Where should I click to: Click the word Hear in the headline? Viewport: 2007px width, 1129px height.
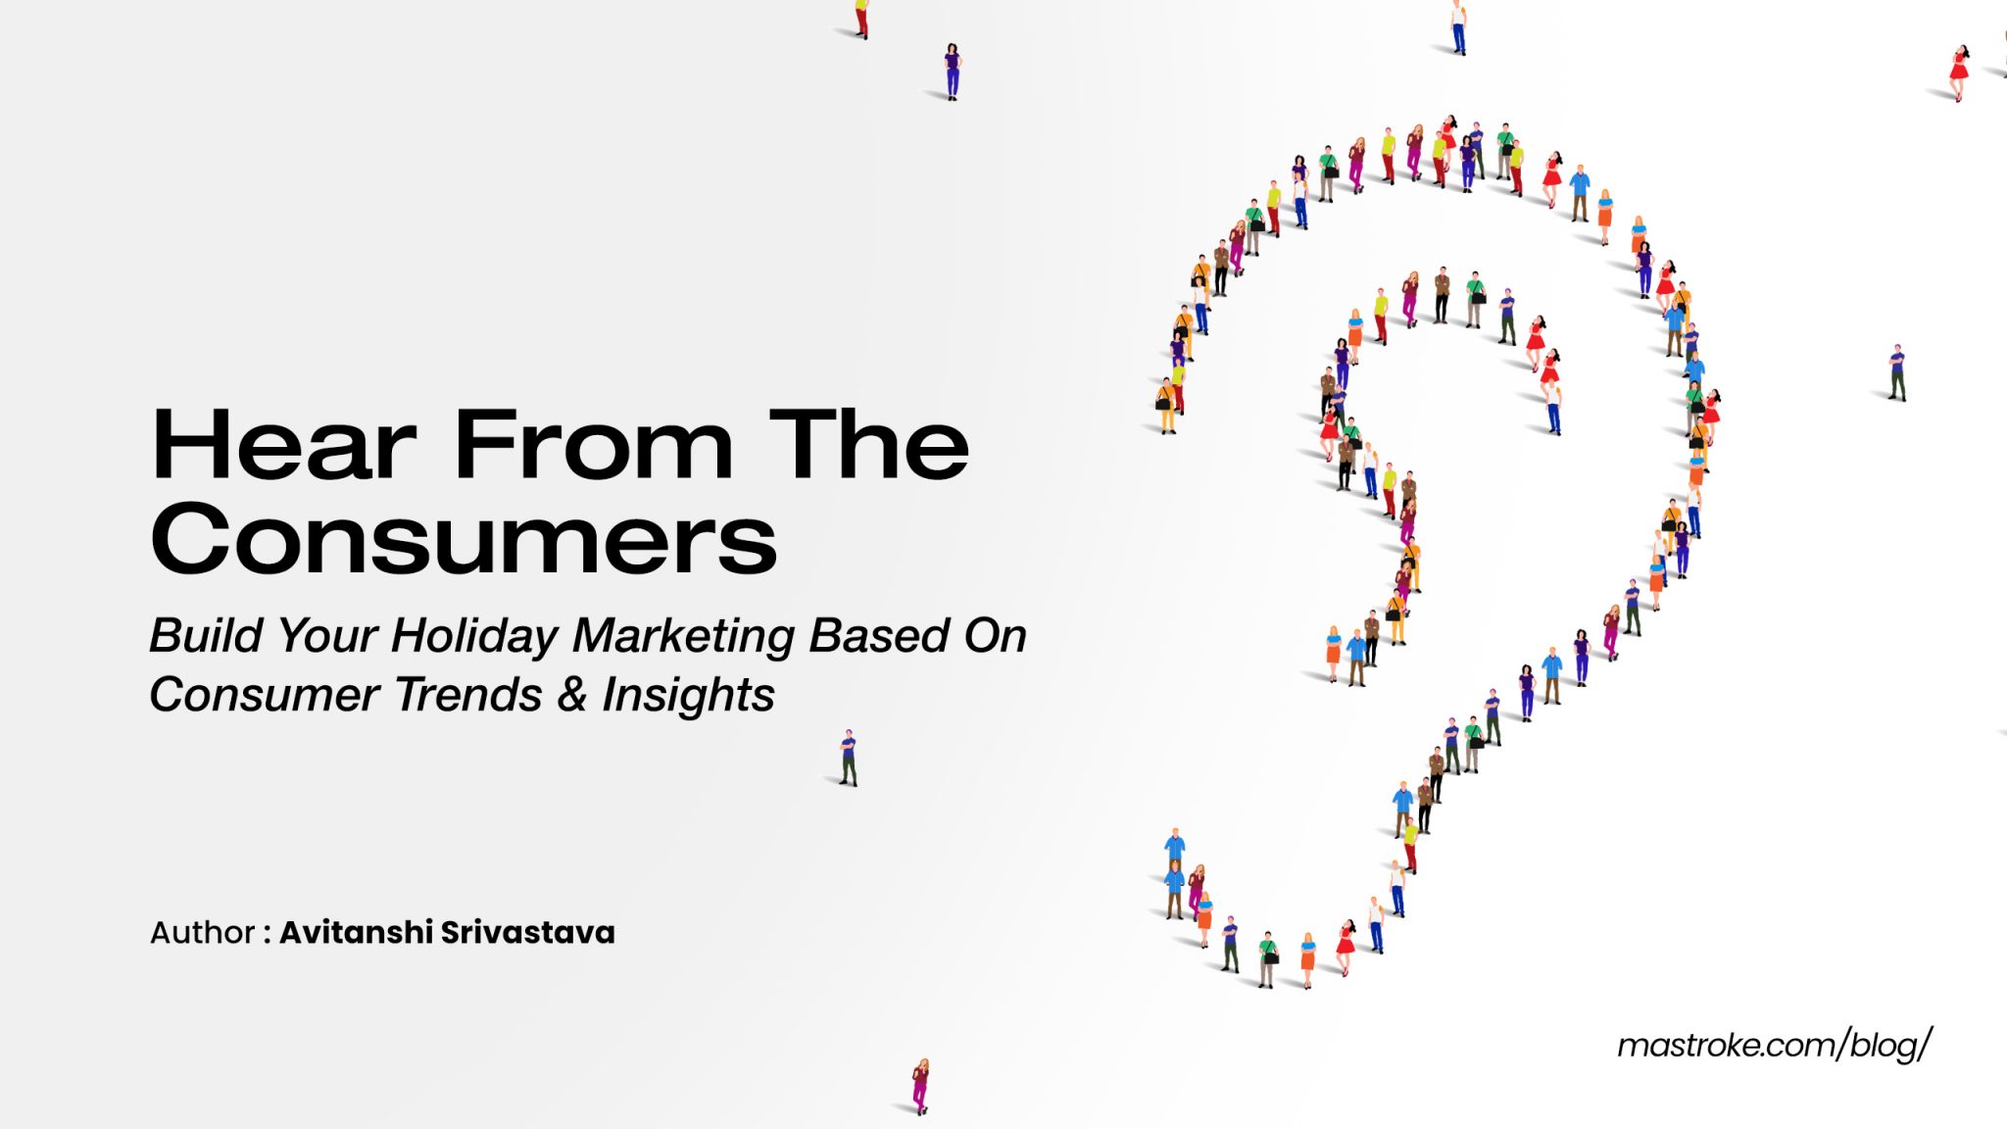click(284, 446)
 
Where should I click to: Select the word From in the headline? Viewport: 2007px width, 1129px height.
click(593, 446)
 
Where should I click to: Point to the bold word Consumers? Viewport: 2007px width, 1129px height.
click(464, 539)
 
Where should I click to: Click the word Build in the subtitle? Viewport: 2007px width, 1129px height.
click(206, 635)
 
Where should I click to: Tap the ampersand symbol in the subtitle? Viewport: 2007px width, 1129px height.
click(572, 695)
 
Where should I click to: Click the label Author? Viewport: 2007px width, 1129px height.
click(202, 932)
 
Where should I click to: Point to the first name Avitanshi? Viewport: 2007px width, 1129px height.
click(356, 932)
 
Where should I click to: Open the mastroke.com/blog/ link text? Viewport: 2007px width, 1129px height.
click(1774, 1046)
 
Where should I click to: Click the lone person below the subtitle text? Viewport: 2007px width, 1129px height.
click(849, 757)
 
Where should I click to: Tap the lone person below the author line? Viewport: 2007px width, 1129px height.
click(920, 1085)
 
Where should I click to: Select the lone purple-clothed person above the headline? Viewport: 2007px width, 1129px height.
click(952, 71)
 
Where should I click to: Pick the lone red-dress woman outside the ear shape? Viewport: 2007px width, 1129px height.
click(1959, 72)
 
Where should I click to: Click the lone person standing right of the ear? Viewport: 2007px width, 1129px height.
click(1897, 372)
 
